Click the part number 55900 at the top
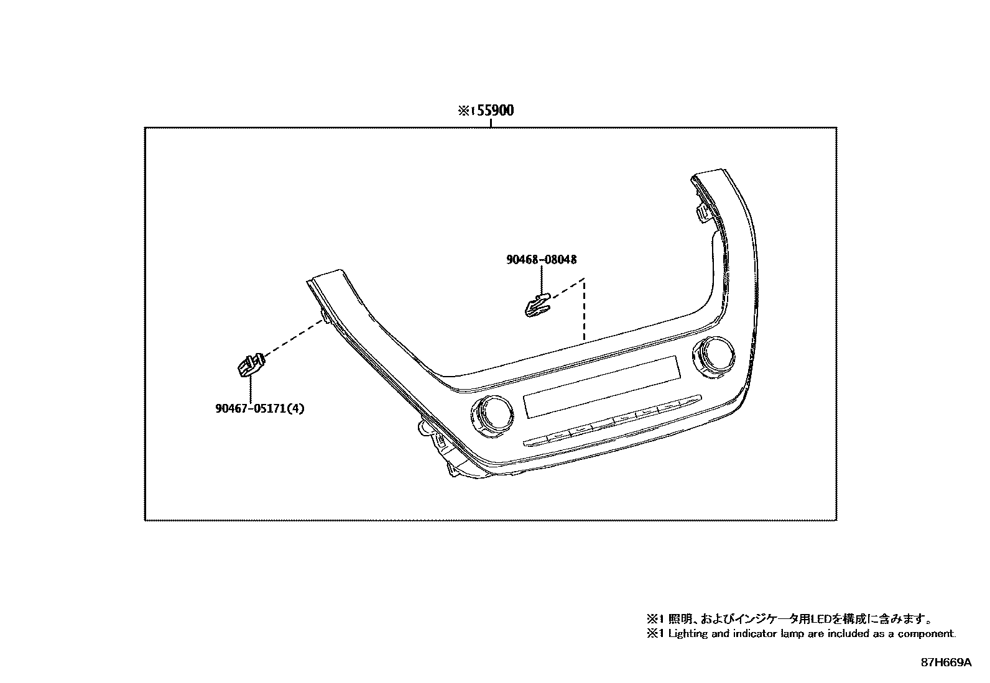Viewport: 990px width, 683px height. coord(495,111)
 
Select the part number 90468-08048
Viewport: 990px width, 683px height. coord(545,259)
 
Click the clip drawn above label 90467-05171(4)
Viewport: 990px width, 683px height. coord(249,365)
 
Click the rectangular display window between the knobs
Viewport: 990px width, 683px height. coord(601,386)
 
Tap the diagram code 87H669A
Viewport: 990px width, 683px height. coord(946,662)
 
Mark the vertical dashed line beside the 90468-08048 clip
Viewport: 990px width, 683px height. coord(584,311)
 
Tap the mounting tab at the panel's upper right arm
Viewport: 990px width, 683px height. coord(703,213)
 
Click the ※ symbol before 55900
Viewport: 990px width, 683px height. coord(464,111)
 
